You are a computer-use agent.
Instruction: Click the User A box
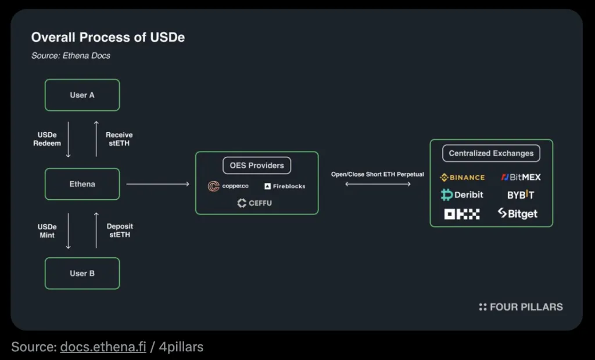(82, 95)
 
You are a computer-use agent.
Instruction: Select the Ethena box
(82, 184)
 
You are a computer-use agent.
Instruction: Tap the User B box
(82, 273)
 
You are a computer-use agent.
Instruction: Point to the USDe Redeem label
(47, 139)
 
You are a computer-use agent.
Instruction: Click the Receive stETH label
(119, 139)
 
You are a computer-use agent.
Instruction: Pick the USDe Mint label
(47, 231)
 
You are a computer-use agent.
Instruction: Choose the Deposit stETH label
(120, 231)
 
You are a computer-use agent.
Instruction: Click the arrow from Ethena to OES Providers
(158, 184)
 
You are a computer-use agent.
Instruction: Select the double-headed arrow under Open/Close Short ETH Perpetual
(378, 184)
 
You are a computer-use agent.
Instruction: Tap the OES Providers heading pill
(257, 165)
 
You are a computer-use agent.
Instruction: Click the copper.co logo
(228, 186)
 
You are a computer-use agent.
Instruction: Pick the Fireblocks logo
(285, 186)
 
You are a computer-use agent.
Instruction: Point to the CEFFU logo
(255, 203)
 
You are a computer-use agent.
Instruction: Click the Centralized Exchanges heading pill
(491, 153)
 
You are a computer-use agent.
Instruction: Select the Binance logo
(463, 178)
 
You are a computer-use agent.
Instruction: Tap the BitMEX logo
(521, 178)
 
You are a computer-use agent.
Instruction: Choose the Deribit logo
(462, 195)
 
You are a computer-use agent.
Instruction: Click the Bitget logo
(518, 214)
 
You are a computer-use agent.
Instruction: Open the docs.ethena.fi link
(103, 347)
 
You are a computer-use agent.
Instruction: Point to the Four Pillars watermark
(521, 307)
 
